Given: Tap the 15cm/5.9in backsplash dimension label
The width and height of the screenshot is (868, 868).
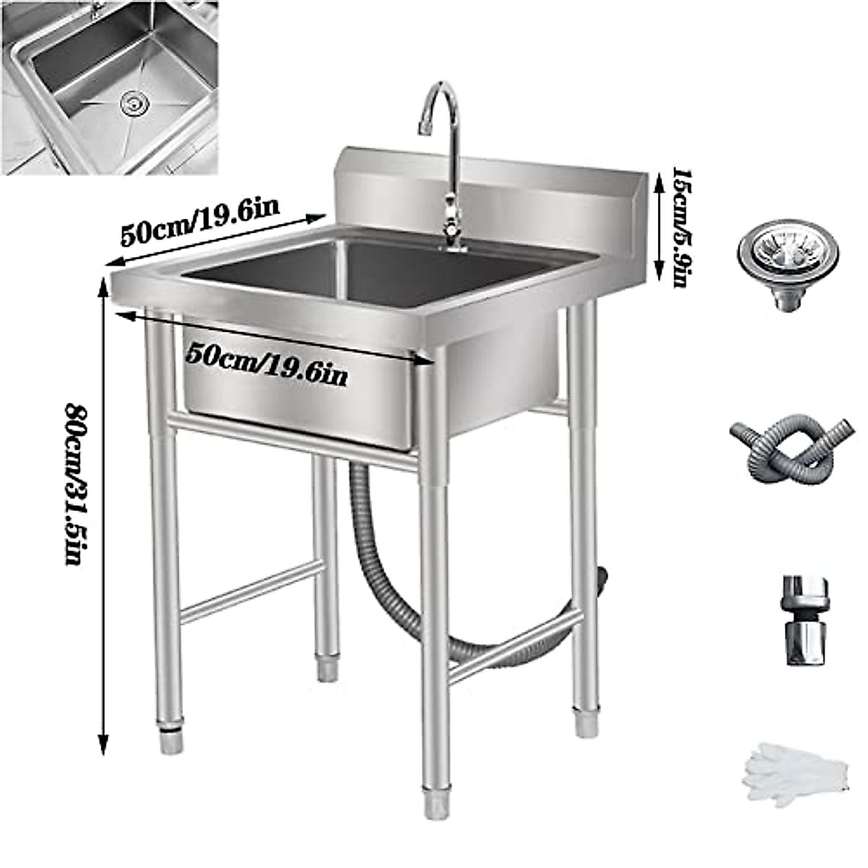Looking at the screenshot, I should (682, 228).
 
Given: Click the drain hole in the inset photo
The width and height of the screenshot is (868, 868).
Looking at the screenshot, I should (132, 104).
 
